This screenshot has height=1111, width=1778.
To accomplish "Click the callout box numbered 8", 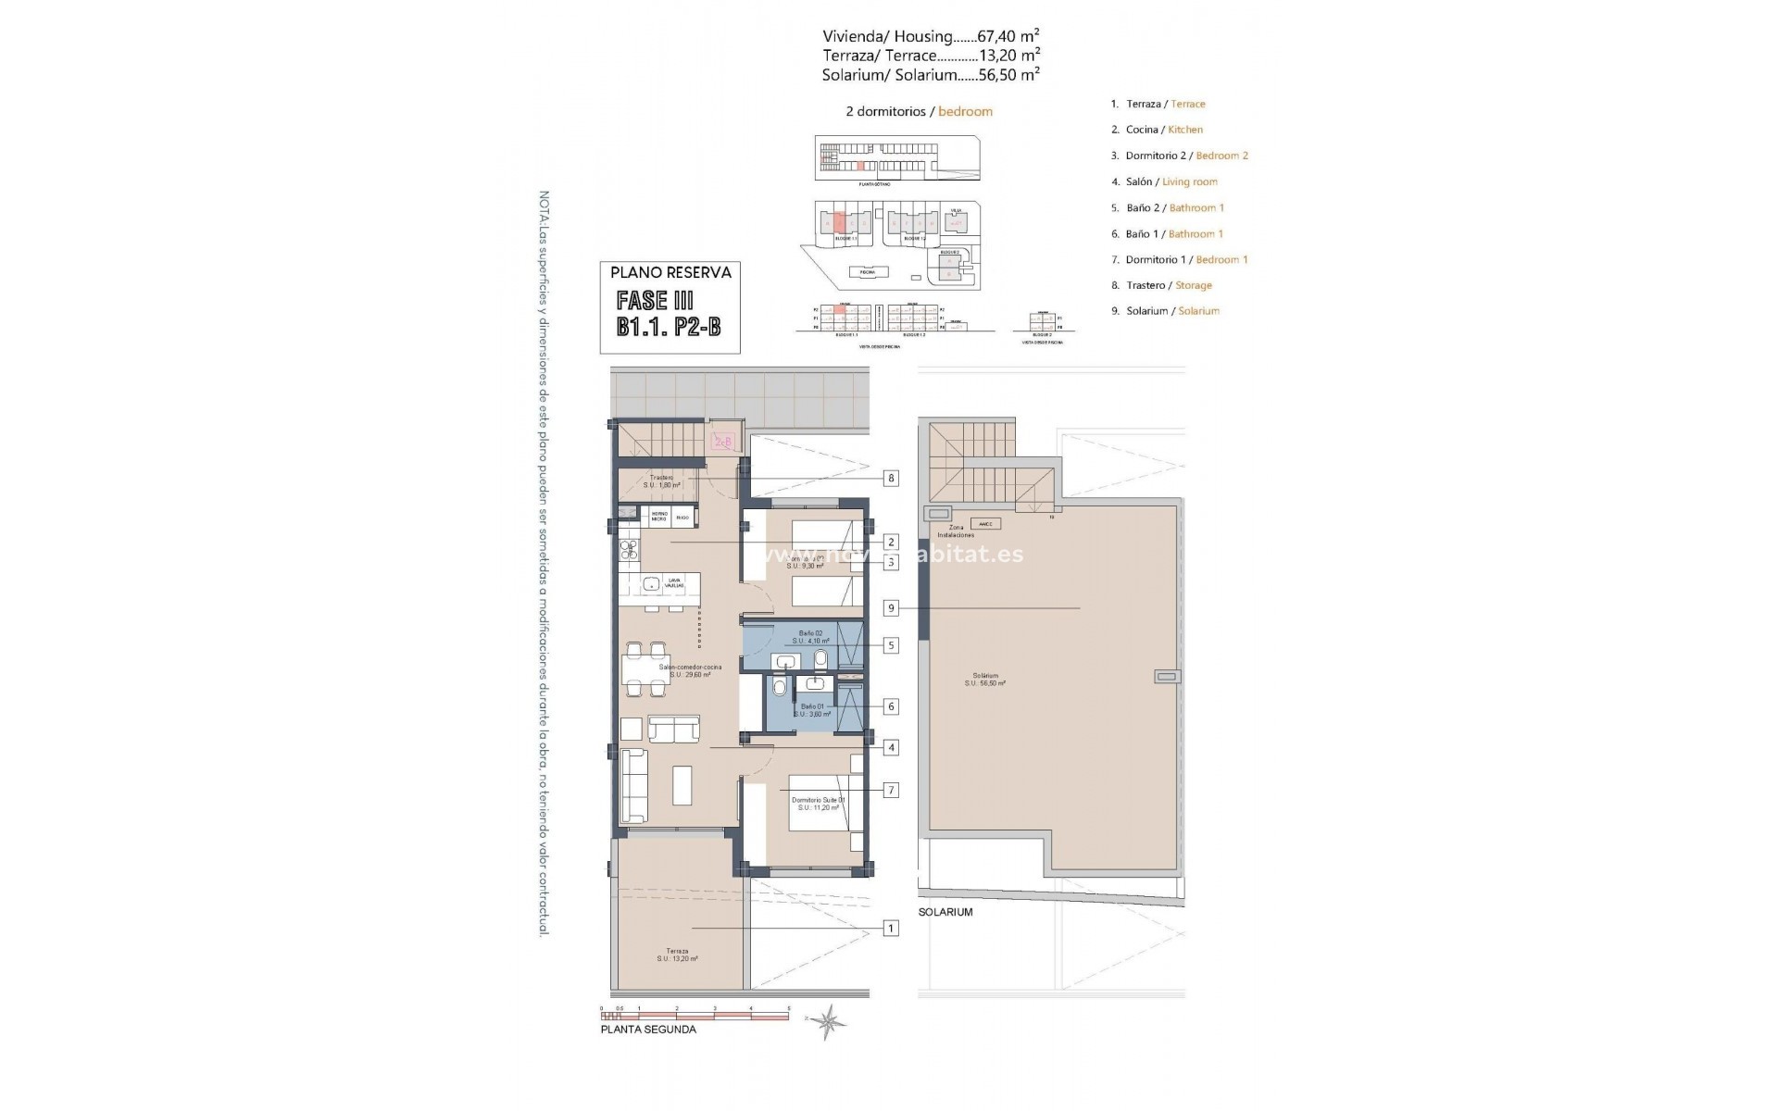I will click(891, 479).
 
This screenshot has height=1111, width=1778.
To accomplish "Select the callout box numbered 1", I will click(891, 928).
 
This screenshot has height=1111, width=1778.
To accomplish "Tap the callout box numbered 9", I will click(891, 608).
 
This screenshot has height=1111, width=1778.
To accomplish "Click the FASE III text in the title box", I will click(655, 300).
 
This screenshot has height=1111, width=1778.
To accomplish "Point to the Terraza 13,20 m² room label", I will click(677, 955).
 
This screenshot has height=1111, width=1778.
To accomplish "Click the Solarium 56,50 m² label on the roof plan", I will click(985, 680).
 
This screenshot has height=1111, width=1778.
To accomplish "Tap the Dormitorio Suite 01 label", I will click(818, 803).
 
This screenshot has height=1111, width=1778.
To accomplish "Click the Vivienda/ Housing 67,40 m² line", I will click(930, 37).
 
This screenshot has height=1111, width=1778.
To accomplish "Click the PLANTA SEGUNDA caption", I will click(648, 1030).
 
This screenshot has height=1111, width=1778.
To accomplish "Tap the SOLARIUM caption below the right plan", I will click(945, 912).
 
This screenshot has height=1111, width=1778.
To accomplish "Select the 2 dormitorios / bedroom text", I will click(919, 111).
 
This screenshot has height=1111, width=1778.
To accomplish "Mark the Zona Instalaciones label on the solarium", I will click(956, 531).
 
